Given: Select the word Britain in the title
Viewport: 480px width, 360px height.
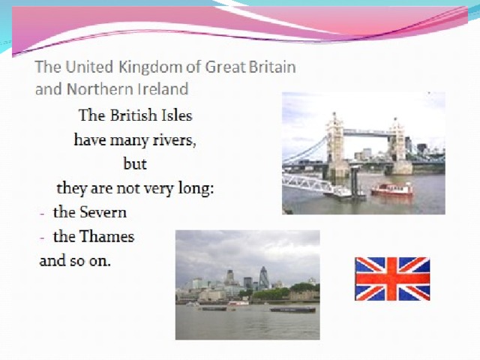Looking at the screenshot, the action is pos(272,67).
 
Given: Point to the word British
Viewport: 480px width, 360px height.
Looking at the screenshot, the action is pos(133,115).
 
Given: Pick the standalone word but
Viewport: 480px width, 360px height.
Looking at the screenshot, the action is pos(135,163).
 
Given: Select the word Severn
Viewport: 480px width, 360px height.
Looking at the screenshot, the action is pos(103,212).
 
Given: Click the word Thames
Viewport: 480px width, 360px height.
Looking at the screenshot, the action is pos(107,236).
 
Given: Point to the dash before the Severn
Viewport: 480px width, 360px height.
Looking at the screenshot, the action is pos(42,213).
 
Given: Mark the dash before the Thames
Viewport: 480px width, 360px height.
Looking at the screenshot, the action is pos(42,238).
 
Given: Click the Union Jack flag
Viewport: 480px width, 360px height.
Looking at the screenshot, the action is pos(392,279).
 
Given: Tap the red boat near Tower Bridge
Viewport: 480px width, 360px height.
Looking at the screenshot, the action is pos(391,189).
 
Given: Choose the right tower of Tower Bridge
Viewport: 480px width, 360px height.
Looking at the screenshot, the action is pos(398,145).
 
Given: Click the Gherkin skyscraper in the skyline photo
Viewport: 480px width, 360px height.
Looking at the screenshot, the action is pos(263,277).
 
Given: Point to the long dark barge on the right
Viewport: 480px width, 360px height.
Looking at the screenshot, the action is pos(292,310).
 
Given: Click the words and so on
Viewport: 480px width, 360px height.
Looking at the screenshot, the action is pos(75,261).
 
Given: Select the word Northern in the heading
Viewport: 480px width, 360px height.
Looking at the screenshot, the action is pos(100,89).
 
